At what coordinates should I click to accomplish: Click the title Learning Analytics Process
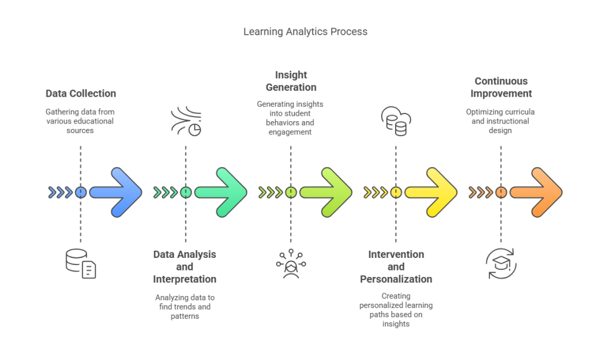pyautogui.click(x=305, y=32)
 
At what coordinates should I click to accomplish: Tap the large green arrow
pyautogui.click(x=221, y=192)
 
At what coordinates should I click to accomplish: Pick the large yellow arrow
pyautogui.click(x=431, y=192)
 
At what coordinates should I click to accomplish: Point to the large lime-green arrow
pyautogui.click(x=326, y=192)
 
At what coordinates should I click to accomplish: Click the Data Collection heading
pyautogui.click(x=81, y=94)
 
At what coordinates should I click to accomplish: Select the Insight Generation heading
pyautogui.click(x=291, y=81)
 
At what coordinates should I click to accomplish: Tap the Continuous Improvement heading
pyautogui.click(x=501, y=87)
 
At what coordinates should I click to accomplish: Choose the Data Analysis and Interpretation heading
pyautogui.click(x=185, y=267)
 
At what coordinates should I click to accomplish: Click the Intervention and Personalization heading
pyautogui.click(x=396, y=267)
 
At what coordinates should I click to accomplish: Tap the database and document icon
pyautogui.click(x=81, y=263)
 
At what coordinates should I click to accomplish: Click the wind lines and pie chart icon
pyautogui.click(x=186, y=121)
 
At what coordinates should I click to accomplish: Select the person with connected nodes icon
pyautogui.click(x=291, y=264)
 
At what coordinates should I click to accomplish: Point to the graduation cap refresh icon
pyautogui.click(x=501, y=263)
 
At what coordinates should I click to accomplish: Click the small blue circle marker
pyautogui.click(x=81, y=192)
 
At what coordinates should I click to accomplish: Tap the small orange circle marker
pyautogui.click(x=501, y=192)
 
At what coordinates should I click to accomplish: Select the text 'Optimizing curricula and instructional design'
pyautogui.click(x=501, y=121)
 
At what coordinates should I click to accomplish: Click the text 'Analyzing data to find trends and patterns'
pyautogui.click(x=185, y=306)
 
